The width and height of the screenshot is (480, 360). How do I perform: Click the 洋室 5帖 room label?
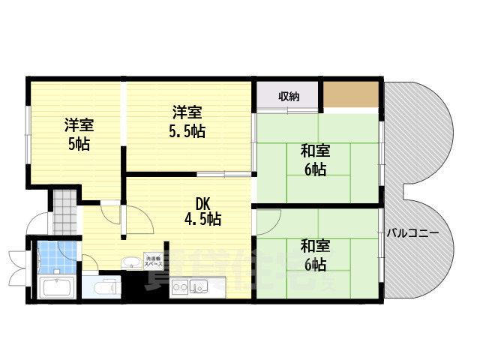(76, 134)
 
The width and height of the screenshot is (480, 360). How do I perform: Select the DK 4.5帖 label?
(202, 211)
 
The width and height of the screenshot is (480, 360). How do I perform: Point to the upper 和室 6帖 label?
(314, 160)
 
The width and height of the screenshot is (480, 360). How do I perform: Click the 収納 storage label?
(289, 96)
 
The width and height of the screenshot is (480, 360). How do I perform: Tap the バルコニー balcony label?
(413, 232)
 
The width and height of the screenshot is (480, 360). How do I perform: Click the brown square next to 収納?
(350, 93)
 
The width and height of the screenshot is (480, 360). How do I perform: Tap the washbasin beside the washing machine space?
(130, 262)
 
